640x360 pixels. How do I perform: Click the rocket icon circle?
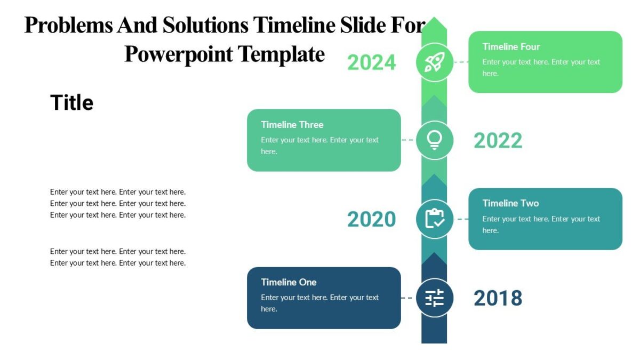coord(434,62)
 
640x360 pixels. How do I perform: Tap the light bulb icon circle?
coord(434,140)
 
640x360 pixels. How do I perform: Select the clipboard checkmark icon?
coord(434,219)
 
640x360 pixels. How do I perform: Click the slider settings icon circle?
coord(434,298)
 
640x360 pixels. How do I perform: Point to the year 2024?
coord(372,63)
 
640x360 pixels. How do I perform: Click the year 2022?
coord(498,141)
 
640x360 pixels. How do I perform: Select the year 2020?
coord(372,219)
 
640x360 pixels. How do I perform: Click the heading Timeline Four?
coord(511,47)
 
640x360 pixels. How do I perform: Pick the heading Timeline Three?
coord(292,125)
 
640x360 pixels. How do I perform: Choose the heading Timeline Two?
coord(510,203)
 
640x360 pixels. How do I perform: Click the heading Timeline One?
coord(289,282)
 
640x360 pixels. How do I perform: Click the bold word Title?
coord(71,102)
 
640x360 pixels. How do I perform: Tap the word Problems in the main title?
coord(69,25)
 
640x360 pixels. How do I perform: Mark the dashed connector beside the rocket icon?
coord(461,62)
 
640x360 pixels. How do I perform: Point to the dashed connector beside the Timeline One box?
coord(407,298)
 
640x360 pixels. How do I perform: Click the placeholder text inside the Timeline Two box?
coord(541,225)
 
